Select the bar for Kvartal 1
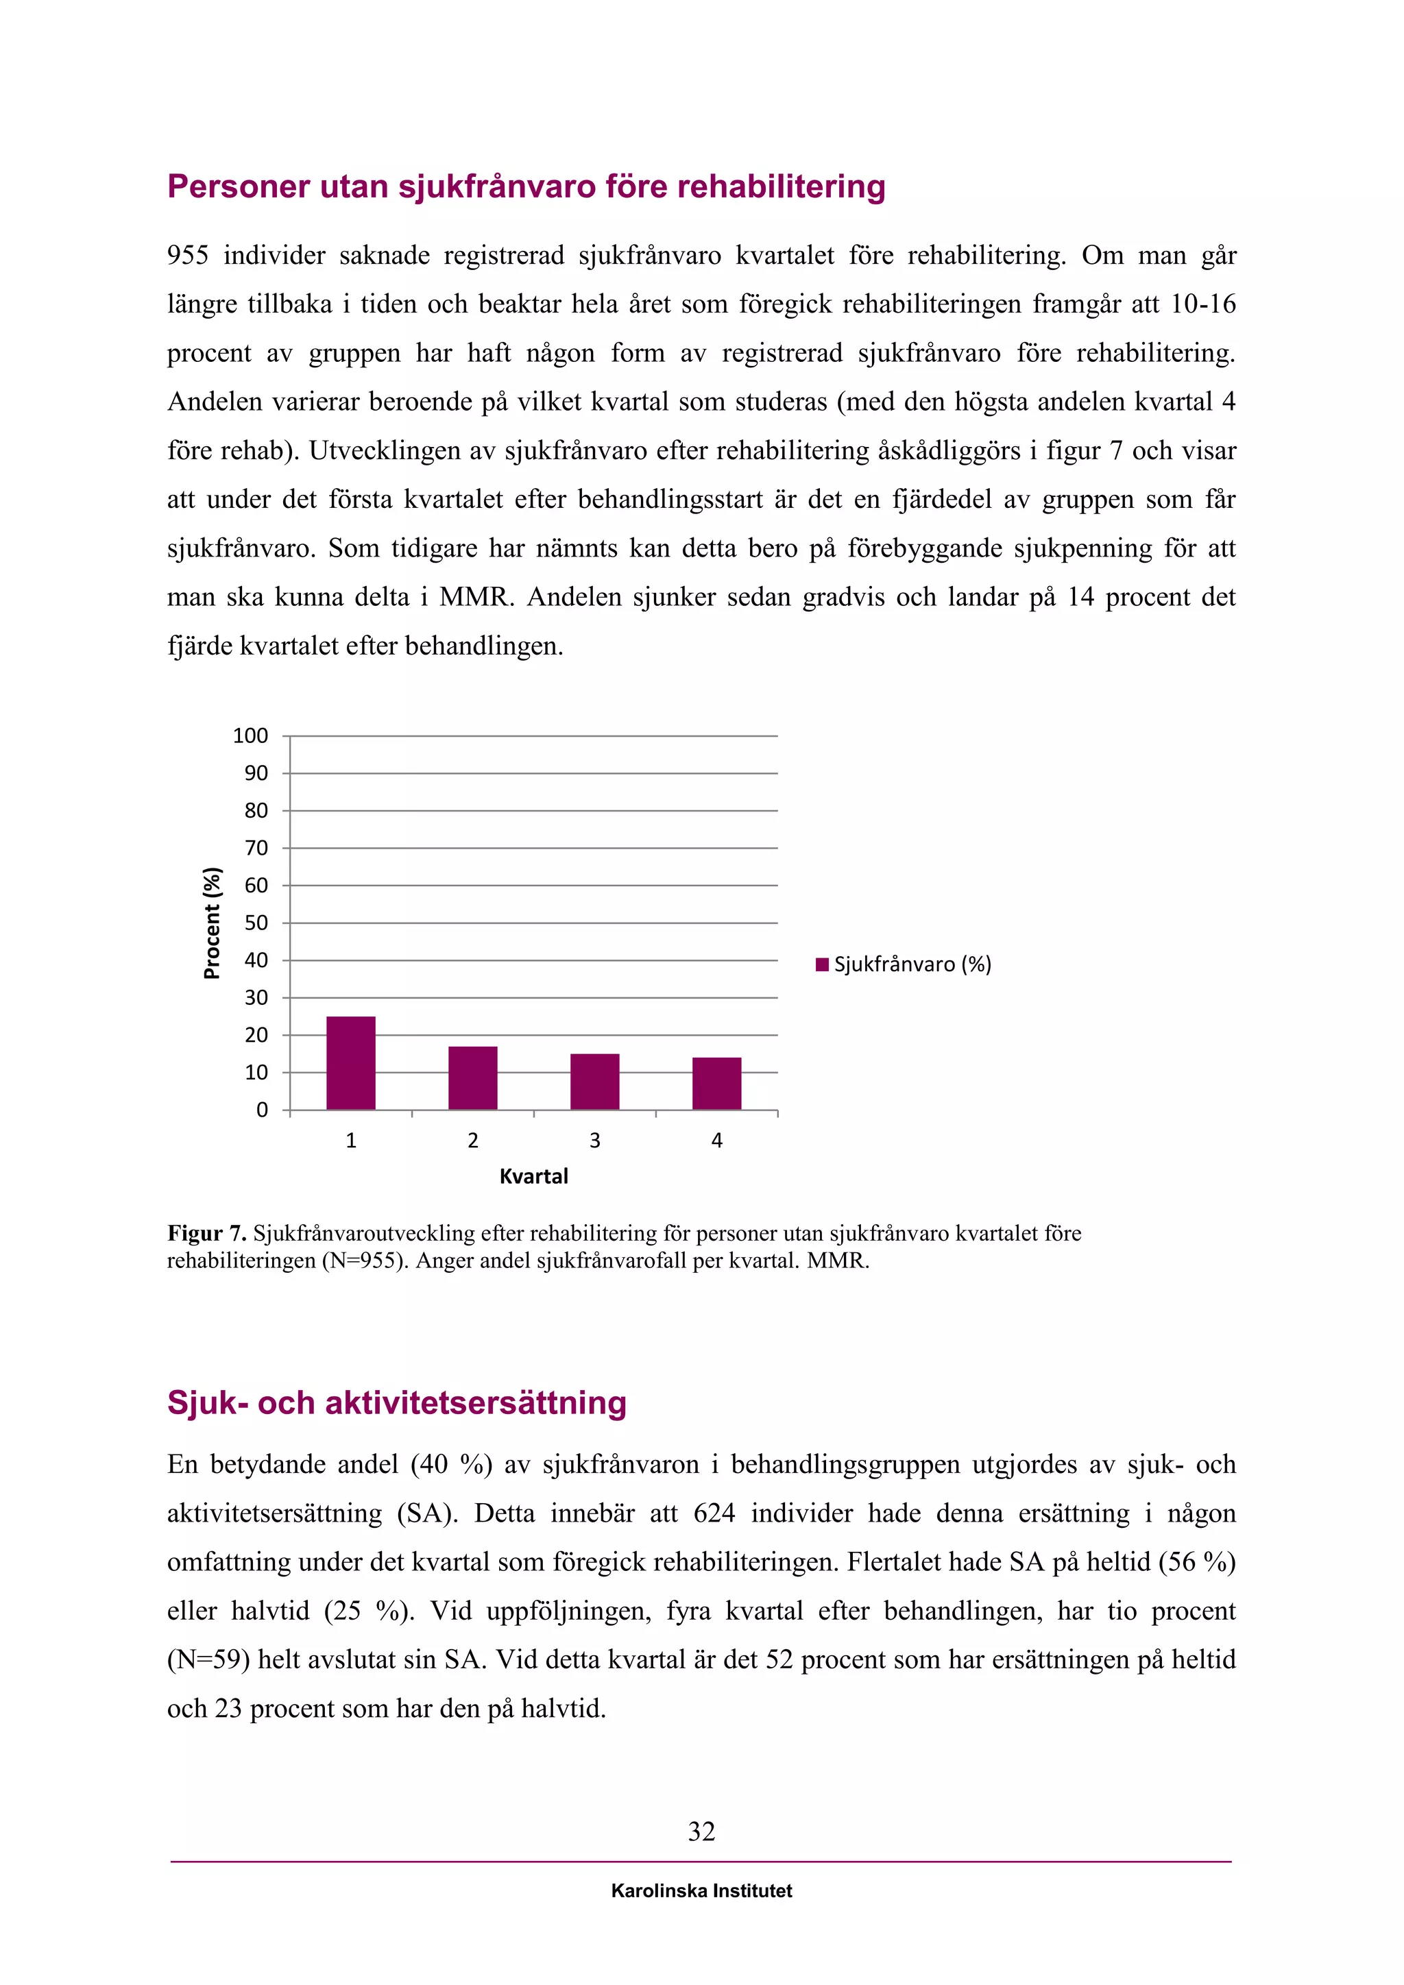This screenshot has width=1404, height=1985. tap(351, 1062)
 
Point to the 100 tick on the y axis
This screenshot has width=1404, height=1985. tap(251, 735)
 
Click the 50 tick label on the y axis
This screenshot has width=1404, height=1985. tap(256, 923)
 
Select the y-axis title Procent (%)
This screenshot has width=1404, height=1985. tap(212, 923)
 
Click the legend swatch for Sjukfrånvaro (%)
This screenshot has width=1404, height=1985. tap(822, 964)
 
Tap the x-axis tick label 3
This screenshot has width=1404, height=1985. tap(595, 1141)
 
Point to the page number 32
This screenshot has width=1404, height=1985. tap(701, 1831)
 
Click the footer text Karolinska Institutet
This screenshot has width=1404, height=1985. tap(701, 1891)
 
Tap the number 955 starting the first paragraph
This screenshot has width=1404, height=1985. tap(188, 255)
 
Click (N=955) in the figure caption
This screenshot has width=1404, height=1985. tap(364, 1261)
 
